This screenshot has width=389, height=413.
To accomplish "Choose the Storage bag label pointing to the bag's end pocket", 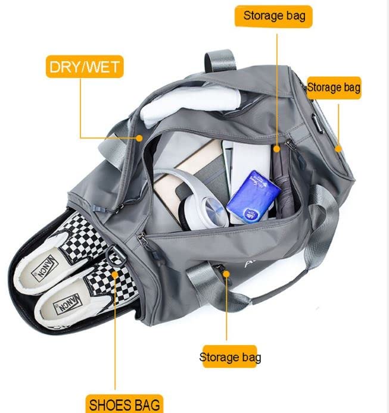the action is pos(334,87).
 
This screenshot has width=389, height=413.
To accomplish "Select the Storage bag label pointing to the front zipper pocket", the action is pos(230,357).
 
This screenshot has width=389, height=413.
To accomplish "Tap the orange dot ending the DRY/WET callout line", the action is pos(139,137).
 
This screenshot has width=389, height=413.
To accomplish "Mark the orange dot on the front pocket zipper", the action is pos(226,273).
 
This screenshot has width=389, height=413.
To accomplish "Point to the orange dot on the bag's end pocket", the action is pos(338,148).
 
